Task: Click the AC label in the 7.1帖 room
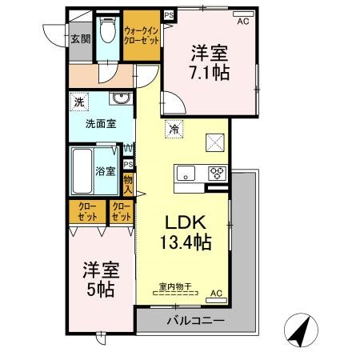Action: point(242,21)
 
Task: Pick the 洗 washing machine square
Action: point(78,102)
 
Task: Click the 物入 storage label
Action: point(128,186)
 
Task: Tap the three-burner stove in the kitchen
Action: point(217,173)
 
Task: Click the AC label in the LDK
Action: point(215,294)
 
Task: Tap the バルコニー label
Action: point(195,321)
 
